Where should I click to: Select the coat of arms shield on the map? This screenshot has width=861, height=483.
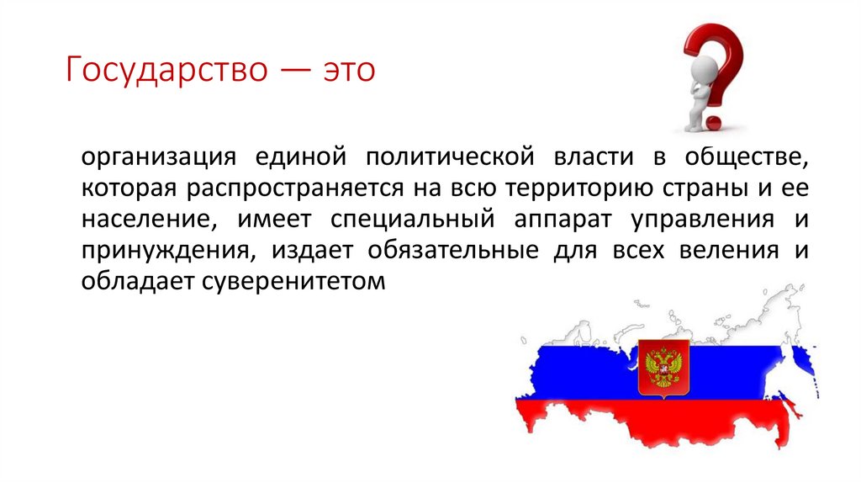click(663, 367)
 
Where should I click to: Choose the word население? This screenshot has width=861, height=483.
click(144, 220)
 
